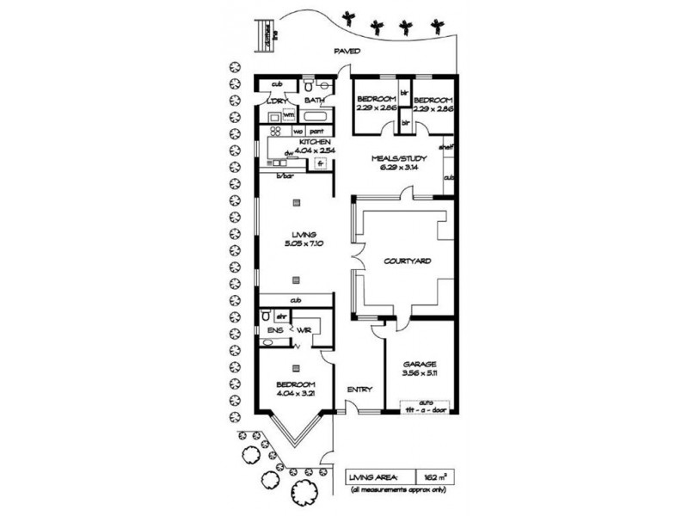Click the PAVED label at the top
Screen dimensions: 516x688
[348, 52]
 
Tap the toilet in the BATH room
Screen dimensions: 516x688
[307, 86]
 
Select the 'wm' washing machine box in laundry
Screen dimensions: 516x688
[289, 114]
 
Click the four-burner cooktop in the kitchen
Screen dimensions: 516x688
[277, 132]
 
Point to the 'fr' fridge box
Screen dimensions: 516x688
[319, 163]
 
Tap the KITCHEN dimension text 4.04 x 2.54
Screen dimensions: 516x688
[313, 150]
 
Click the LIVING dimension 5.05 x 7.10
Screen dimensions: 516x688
[304, 243]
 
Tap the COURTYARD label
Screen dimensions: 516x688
[407, 260]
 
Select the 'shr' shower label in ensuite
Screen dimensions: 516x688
[280, 316]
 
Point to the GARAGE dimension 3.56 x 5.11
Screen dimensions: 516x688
[421, 373]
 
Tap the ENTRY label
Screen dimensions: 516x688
[359, 390]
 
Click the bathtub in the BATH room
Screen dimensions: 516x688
[317, 114]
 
